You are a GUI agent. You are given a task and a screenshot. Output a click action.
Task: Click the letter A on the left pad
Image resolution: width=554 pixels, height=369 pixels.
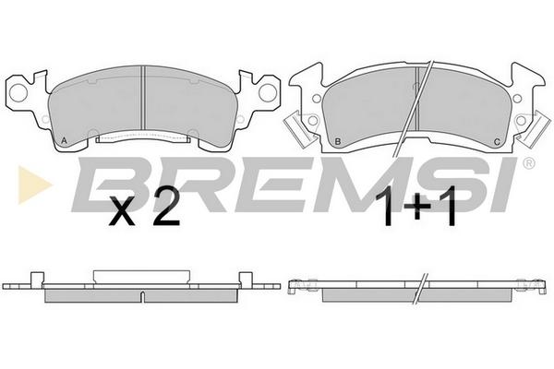tap(64, 140)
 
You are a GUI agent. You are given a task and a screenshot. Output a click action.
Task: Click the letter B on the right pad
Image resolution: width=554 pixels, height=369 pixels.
tap(337, 141)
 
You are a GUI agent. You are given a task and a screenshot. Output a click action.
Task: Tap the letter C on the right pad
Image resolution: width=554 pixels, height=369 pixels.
tap(497, 142)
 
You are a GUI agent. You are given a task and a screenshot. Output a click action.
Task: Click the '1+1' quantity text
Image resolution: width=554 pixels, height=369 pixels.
tap(415, 209)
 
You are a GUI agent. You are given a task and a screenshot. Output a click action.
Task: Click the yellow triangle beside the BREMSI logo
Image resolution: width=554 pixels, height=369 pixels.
tap(34, 184)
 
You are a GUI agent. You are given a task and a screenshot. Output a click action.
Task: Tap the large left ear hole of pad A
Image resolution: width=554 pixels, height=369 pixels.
tap(18, 92)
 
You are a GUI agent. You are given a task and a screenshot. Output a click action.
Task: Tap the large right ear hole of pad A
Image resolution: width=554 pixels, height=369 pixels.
tap(268, 92)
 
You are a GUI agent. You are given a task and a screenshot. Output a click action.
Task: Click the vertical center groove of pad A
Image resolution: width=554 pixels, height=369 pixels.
tap(143, 98)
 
